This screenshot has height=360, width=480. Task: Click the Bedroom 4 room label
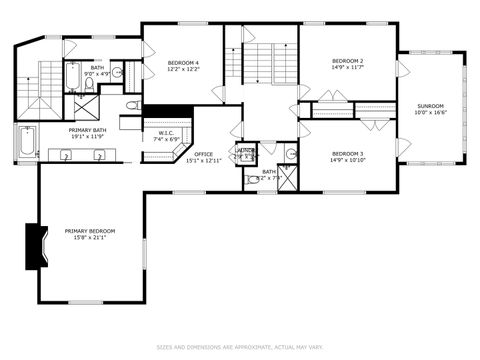coord(183,62)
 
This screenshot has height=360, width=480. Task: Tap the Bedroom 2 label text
coord(347,61)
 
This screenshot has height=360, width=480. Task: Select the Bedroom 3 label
coord(347,153)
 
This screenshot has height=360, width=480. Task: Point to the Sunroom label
coord(429,106)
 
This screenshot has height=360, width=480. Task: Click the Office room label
coord(203,154)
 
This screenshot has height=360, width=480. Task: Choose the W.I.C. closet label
coord(167,133)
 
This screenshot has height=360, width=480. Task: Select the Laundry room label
coord(244,152)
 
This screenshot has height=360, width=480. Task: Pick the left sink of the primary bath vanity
coord(66,156)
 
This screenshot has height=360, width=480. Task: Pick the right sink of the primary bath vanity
coord(100,156)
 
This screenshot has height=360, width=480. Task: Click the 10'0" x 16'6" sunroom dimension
coord(429,113)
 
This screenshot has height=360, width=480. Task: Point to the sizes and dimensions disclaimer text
coord(239,347)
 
